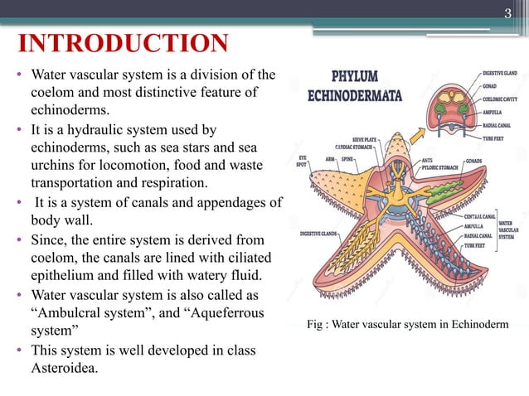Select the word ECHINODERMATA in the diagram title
click(x=355, y=95)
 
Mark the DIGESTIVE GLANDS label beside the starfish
click(x=318, y=234)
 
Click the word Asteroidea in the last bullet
click(x=62, y=367)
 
